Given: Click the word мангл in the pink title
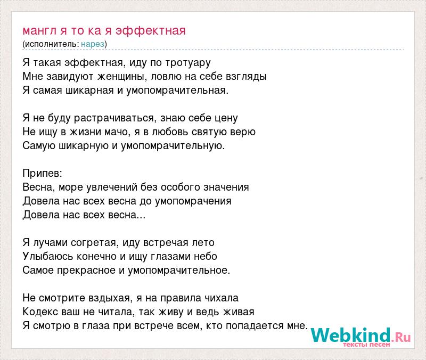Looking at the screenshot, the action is point(39,31).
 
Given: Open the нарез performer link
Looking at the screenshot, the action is point(93,44).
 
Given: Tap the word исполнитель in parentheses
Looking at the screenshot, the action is point(51,44).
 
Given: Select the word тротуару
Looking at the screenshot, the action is point(188,63).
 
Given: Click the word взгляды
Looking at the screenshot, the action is point(246,77).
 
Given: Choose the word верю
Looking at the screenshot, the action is point(243,132).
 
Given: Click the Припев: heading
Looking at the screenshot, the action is point(43,174).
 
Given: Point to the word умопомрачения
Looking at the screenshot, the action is point(193,201).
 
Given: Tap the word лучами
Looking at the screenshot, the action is point(50,243).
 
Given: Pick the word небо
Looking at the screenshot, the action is point(205,256).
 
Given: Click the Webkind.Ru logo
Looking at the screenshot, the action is point(361,336).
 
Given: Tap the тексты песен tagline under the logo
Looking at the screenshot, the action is point(366,345).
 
